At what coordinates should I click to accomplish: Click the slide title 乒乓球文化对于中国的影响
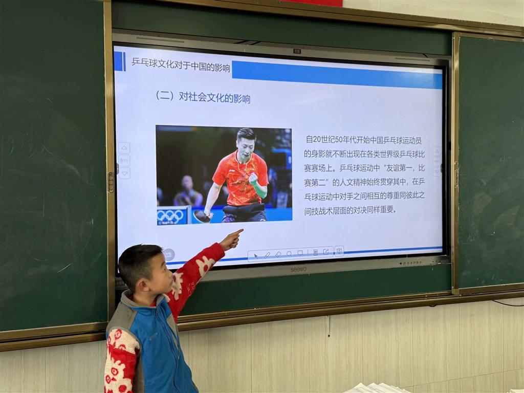pyautogui.click(x=181, y=64)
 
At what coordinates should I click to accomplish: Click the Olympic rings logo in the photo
pyautogui.click(x=170, y=216)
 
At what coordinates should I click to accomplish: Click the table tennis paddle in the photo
pyautogui.click(x=202, y=216)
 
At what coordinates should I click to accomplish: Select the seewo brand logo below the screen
pyautogui.click(x=298, y=269)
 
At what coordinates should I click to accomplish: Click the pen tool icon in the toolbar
pyautogui.click(x=267, y=255)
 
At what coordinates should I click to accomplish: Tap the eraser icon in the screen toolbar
pyautogui.click(x=278, y=255)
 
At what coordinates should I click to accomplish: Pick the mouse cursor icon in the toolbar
pyautogui.click(x=256, y=256)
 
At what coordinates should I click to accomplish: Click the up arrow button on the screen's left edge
pyautogui.click(x=124, y=148)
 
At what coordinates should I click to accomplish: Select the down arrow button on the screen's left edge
pyautogui.click(x=124, y=173)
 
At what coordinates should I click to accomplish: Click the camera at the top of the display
pyautogui.click(x=297, y=51)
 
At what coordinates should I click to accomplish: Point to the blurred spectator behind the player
pyautogui.click(x=188, y=192)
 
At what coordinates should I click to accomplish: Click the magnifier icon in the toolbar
pyautogui.click(x=289, y=254)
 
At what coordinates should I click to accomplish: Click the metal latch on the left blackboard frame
pyautogui.click(x=111, y=182)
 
